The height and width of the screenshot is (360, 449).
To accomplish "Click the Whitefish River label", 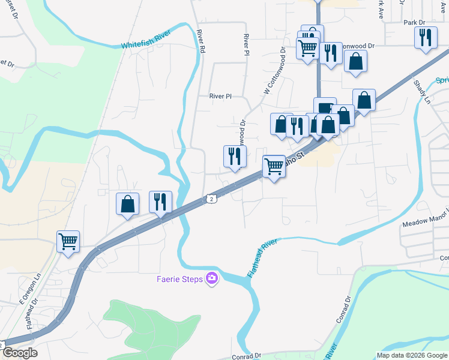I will pos(146,41).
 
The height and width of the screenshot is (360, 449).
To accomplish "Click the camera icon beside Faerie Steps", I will pos(211,278).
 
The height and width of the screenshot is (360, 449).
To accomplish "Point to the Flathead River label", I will pos(262,259).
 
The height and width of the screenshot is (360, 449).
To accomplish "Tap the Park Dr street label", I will pos(414,22).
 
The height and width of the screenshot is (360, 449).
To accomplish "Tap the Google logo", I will pos(19,353).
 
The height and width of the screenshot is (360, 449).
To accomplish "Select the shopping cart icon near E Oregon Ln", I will pos(68,242).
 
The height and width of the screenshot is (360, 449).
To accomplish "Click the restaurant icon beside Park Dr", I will pos(425,37).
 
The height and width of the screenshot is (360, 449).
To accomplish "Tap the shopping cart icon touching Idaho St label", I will pos(274,166).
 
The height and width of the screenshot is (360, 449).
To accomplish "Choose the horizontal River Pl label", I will pos(220,96).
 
